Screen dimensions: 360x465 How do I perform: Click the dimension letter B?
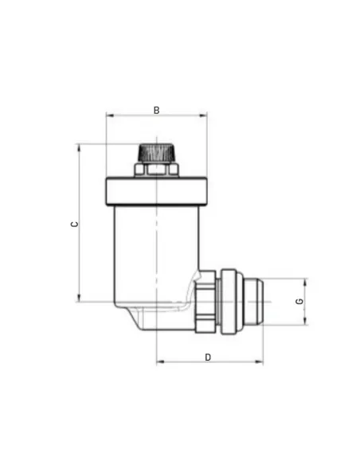click(x=156, y=111)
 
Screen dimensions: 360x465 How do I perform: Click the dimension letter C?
click(x=74, y=224)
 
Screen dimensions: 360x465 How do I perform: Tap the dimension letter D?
click(x=208, y=357)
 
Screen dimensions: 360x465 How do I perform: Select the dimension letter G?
click(x=299, y=301)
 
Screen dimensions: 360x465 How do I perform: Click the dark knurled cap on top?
click(x=156, y=153)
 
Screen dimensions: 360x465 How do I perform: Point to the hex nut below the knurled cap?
click(x=156, y=170)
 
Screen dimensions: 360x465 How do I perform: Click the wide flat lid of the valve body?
click(x=156, y=191)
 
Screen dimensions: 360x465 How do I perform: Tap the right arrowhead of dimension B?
click(x=203, y=115)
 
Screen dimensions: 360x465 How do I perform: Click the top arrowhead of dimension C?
click(x=79, y=147)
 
